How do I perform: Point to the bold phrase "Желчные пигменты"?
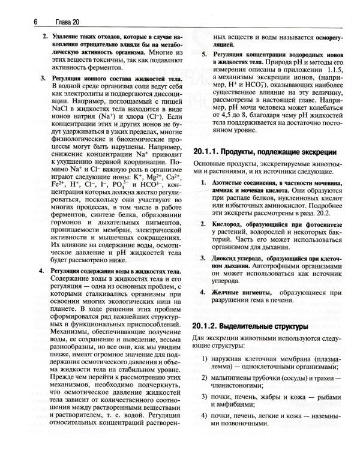pos(242,292)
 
